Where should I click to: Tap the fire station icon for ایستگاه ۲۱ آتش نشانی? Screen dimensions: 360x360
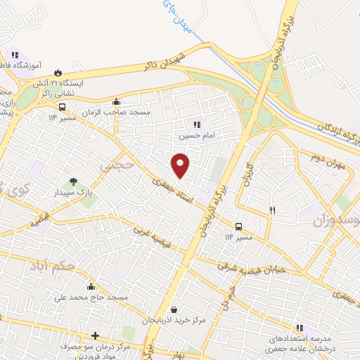coord(58,72)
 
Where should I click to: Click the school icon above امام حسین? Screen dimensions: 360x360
coord(187,124)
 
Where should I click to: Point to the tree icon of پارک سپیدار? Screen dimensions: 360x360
coord(74,182)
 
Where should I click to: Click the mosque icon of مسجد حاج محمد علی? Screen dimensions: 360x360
coord(91,286)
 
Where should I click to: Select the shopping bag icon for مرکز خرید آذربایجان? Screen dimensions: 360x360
coord(174,309)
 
